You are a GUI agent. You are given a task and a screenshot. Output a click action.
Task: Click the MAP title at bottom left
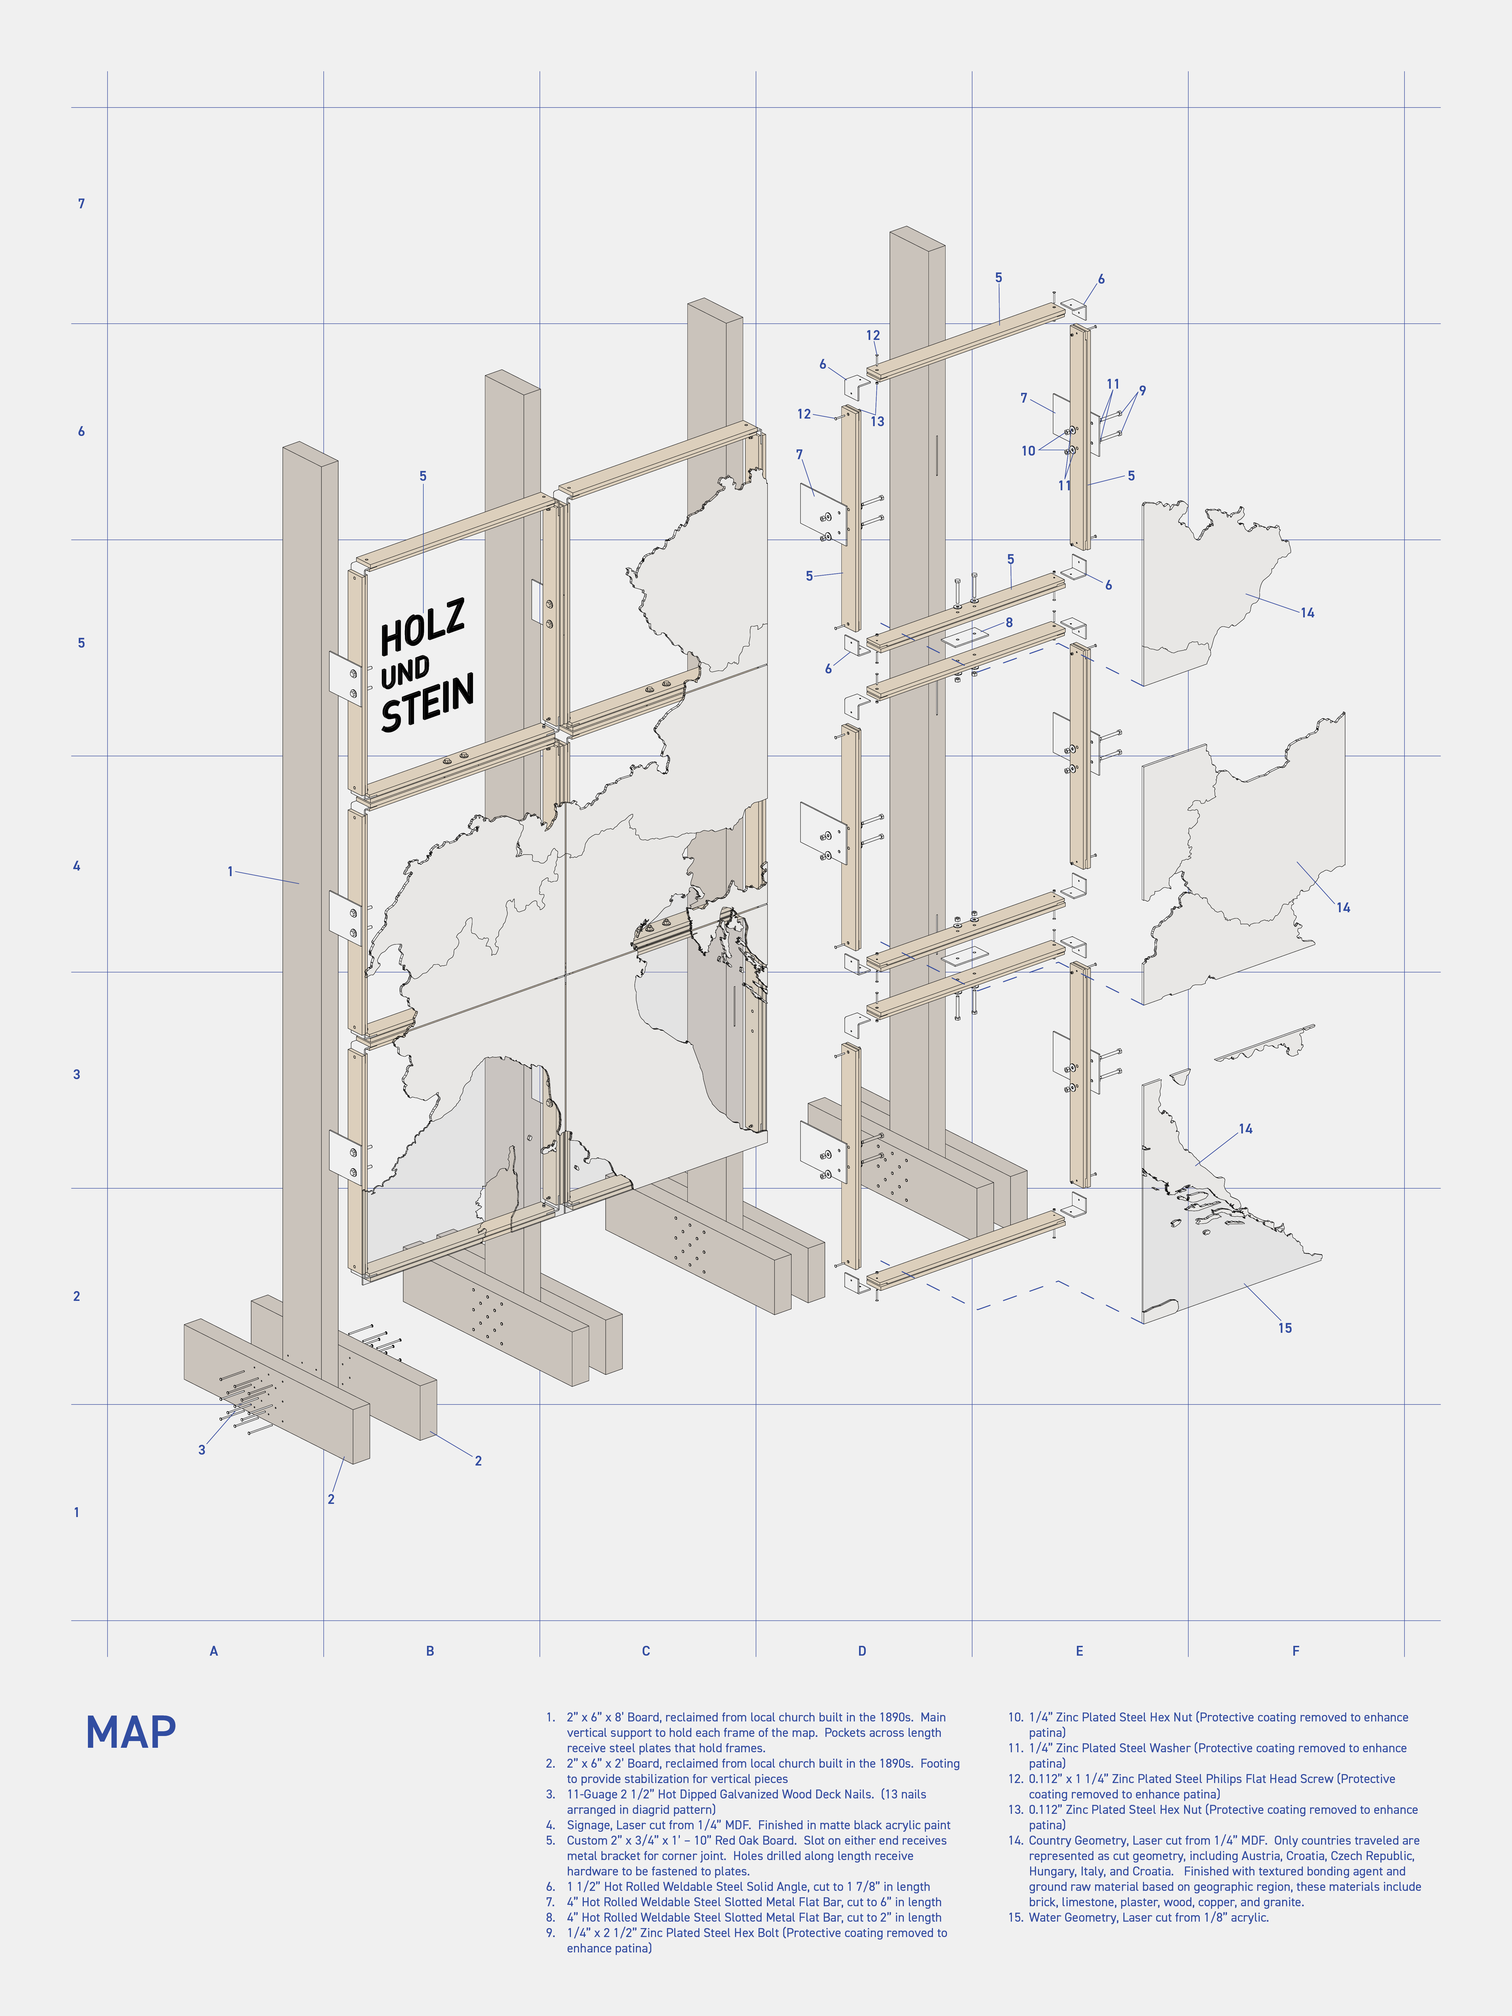pos(130,1733)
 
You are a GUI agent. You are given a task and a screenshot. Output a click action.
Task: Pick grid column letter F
pos(1295,1651)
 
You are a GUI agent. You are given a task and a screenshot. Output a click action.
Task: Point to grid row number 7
pos(81,203)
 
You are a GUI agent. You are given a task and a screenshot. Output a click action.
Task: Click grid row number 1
pos(76,1512)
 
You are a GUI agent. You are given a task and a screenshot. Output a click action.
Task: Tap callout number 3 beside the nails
pos(201,1450)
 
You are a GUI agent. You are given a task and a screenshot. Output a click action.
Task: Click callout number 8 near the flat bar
pos(1009,622)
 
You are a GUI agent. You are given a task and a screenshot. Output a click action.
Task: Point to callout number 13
pos(877,421)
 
